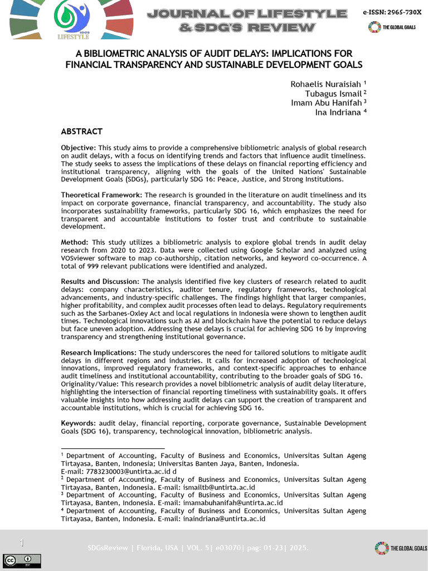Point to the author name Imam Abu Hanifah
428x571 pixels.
326,103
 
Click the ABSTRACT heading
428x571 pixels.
81,132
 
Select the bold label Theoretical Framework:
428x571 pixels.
101,195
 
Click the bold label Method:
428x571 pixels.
75,243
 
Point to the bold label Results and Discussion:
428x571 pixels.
100,282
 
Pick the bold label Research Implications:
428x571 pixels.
99,353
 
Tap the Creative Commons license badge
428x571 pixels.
17,560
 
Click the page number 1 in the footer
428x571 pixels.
22,543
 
